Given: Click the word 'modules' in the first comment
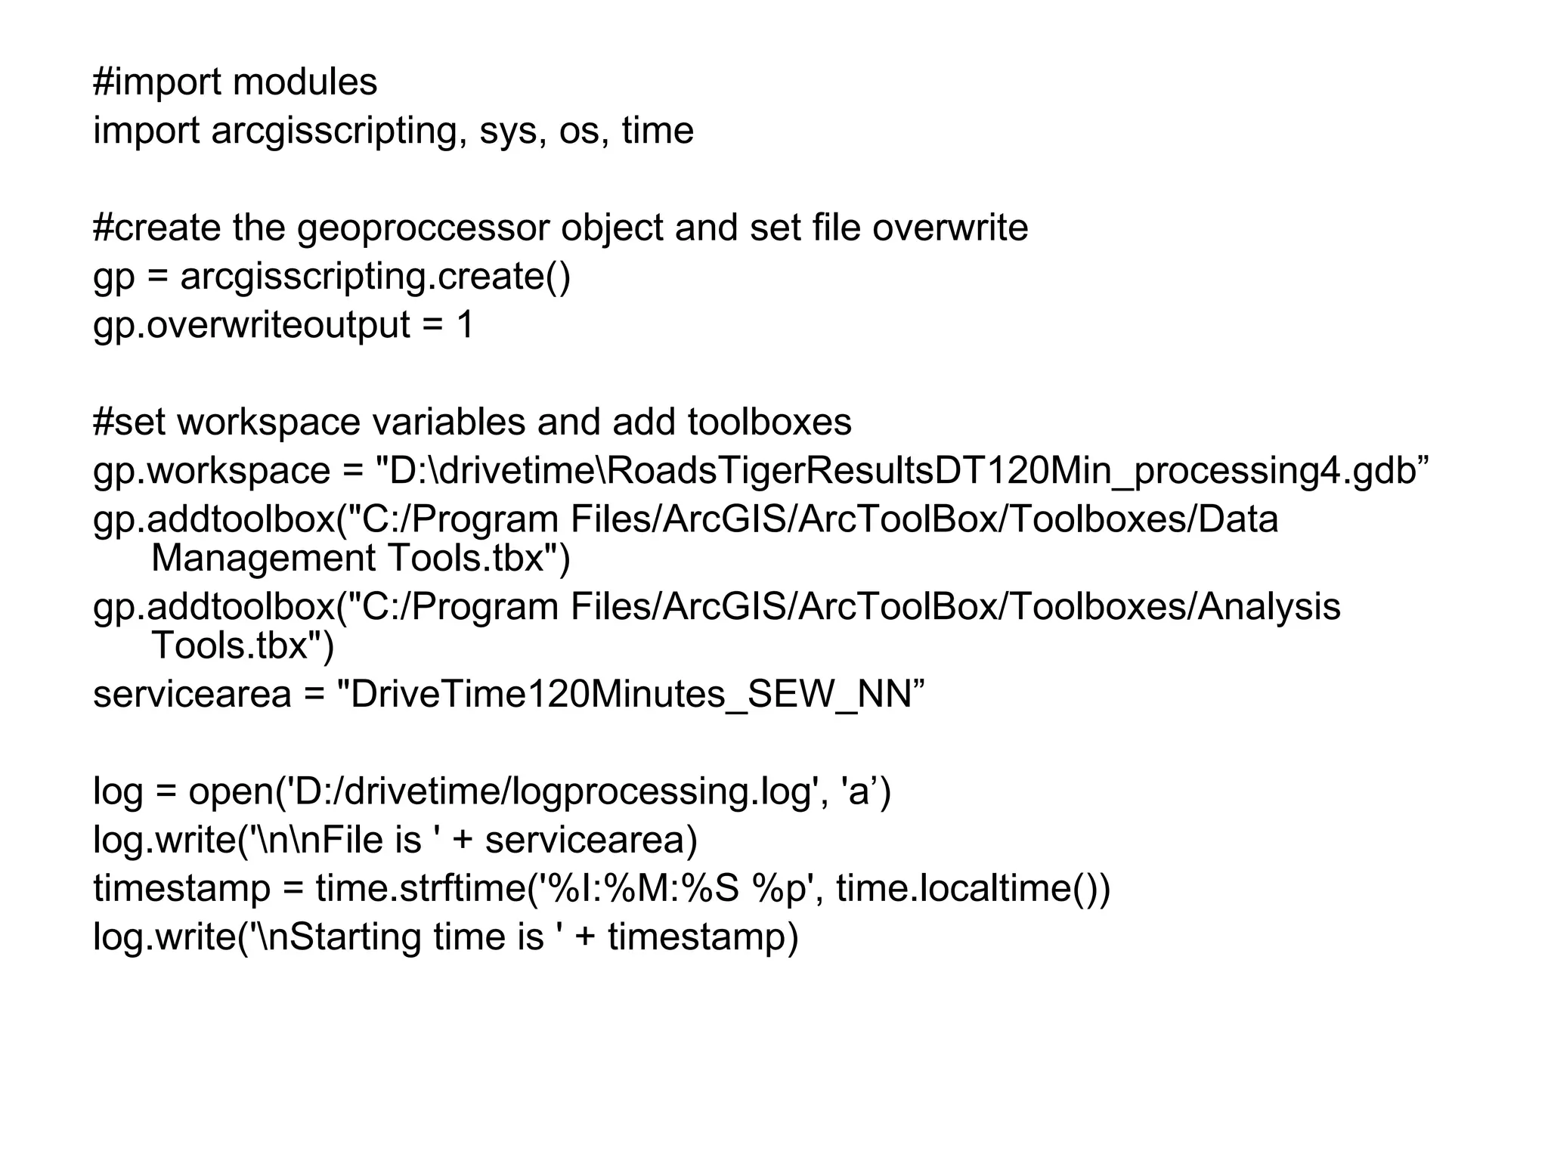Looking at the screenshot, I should [x=305, y=82].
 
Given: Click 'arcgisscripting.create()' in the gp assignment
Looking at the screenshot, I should [x=375, y=277].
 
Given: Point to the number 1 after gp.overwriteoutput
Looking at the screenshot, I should [x=465, y=325].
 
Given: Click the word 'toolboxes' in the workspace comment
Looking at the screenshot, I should [x=769, y=422].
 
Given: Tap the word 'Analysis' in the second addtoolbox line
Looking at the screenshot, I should [x=1268, y=607].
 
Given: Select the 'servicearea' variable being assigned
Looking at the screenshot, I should [x=192, y=694].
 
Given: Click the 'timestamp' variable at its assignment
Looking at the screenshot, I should [x=181, y=888].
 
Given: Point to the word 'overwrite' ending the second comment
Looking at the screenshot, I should [x=950, y=228].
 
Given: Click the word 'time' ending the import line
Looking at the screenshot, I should [x=657, y=131].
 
